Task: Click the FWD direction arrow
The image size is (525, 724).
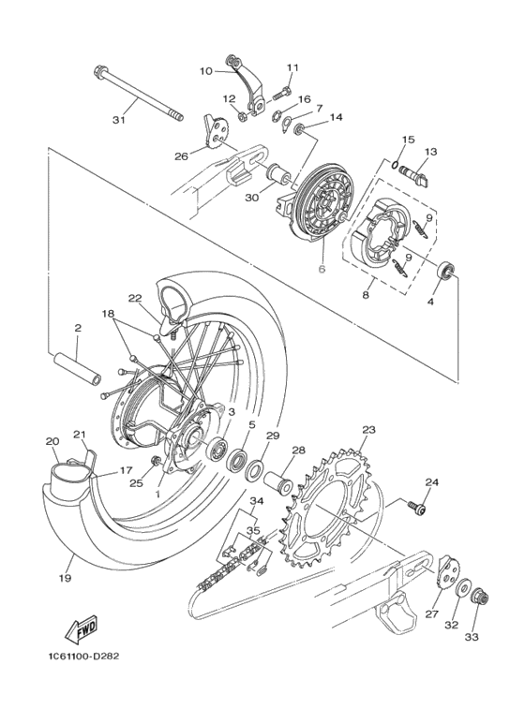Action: click(82, 629)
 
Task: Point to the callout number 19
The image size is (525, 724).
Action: click(66, 578)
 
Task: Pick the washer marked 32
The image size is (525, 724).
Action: click(462, 591)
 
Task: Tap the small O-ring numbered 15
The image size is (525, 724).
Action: click(394, 164)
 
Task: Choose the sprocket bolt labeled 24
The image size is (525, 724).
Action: click(416, 508)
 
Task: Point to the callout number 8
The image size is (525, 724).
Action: click(366, 295)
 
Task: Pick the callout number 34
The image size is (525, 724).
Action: click(256, 501)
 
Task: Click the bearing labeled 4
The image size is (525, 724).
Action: click(446, 270)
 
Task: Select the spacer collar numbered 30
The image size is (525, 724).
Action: click(278, 172)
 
